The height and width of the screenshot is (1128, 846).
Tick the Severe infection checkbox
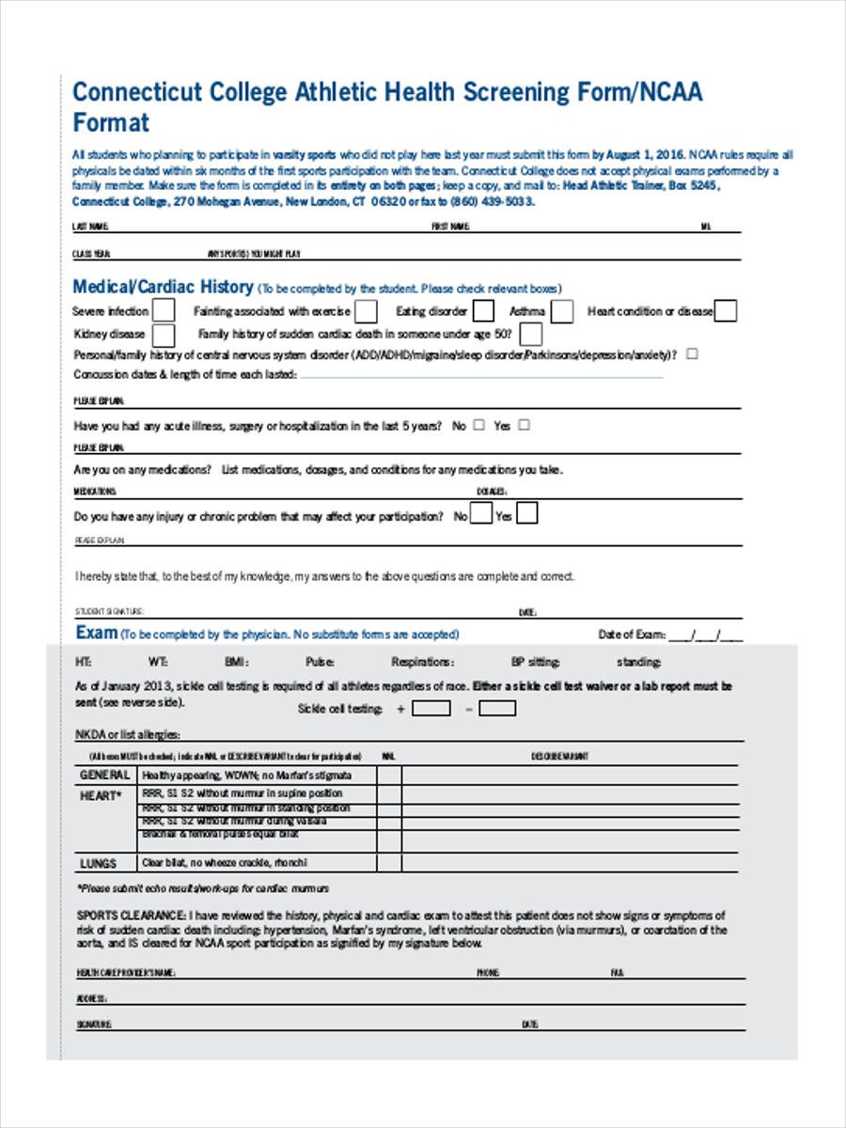pyautogui.click(x=164, y=311)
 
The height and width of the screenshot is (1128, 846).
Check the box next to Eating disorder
pyautogui.click(x=483, y=311)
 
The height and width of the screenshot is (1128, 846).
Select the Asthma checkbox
pyautogui.click(x=562, y=311)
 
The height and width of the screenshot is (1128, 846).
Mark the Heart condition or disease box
pyautogui.click(x=726, y=311)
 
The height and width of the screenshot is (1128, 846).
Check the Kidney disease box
pyautogui.click(x=164, y=334)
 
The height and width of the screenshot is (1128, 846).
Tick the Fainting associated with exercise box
pyautogui.click(x=367, y=311)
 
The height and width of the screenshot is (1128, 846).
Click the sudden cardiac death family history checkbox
pyautogui.click(x=531, y=334)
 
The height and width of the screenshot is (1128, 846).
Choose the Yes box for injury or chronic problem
pyautogui.click(x=527, y=514)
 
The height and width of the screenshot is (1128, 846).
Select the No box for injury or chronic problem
pyautogui.click(x=480, y=514)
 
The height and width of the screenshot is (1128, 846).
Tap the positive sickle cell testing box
pyautogui.click(x=431, y=708)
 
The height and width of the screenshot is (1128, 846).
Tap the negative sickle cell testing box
pyautogui.click(x=497, y=708)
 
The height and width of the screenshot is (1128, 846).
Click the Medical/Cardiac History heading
pyautogui.click(x=163, y=287)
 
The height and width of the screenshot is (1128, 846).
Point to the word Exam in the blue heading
pyautogui.click(x=96, y=633)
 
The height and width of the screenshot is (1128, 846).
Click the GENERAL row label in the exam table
pyautogui.click(x=104, y=775)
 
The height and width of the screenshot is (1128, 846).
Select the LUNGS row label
pyautogui.click(x=98, y=863)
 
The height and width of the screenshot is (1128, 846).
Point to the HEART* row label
pyautogui.click(x=101, y=795)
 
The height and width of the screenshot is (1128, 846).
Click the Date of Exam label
pyautogui.click(x=632, y=634)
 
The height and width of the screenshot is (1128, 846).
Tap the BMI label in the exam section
pyautogui.click(x=235, y=662)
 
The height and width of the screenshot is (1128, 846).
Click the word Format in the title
pyautogui.click(x=111, y=122)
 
